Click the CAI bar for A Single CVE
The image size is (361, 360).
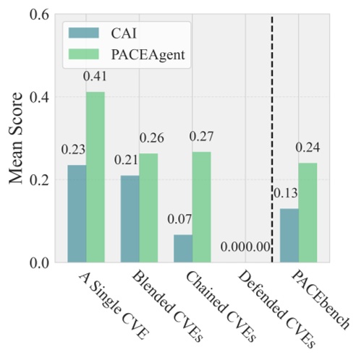pyautogui.click(x=77, y=214)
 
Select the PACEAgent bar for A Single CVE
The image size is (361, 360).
pyautogui.click(x=95, y=177)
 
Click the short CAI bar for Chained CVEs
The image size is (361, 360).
pyautogui.click(x=182, y=248)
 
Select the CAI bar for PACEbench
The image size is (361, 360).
pyautogui.click(x=289, y=236)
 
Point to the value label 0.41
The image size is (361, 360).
pyautogui.click(x=96, y=76)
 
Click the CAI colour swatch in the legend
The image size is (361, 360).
pyautogui.click(x=81, y=33)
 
